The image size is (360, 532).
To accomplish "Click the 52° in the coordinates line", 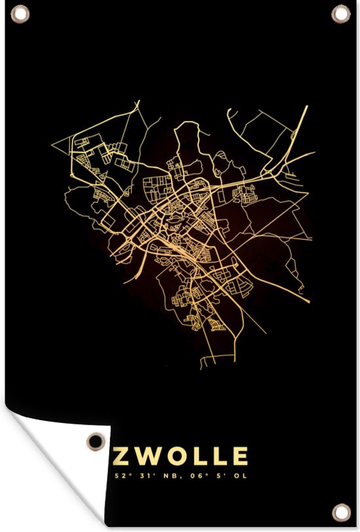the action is (120, 476).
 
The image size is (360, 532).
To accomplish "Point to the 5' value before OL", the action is (215, 476).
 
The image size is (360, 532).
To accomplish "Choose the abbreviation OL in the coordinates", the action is (238, 476).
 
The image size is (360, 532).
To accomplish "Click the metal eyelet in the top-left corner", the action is (20, 13).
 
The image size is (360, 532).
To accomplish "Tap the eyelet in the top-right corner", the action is (340, 13).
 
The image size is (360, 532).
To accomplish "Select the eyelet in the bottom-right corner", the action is (340, 511).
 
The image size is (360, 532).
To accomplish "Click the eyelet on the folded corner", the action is (96, 441).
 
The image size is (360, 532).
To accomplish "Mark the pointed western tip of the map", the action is (52, 141).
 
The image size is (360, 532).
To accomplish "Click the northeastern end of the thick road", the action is (306, 107).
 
